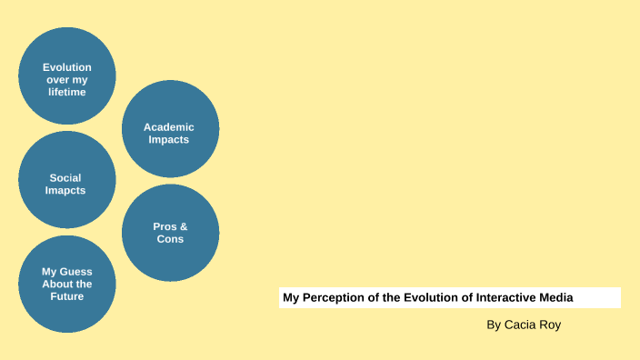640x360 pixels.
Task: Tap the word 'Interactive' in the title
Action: [499, 297]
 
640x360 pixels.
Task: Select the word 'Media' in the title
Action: [555, 297]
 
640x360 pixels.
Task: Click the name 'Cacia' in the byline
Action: [520, 325]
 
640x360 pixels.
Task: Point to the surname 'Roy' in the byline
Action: [551, 325]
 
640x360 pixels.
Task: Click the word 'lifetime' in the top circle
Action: [67, 93]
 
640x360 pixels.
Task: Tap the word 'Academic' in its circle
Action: [169, 127]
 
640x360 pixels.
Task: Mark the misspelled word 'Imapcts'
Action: [65, 191]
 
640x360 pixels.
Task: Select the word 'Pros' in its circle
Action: [165, 226]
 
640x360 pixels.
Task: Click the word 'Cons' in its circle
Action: [170, 239]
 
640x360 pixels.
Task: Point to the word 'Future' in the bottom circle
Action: [67, 296]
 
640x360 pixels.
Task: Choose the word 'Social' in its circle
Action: [65, 178]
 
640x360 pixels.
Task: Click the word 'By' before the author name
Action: [494, 325]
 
